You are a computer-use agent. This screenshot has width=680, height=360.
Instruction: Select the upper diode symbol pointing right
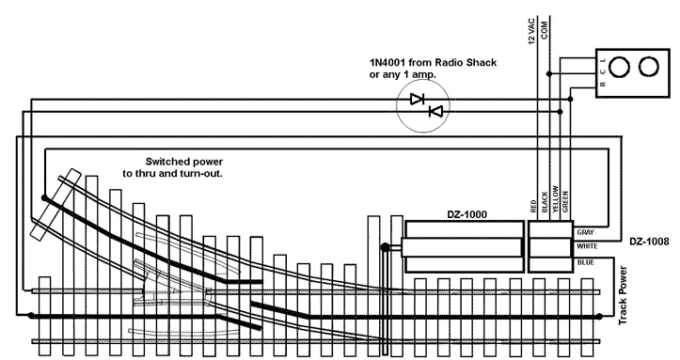pyautogui.click(x=418, y=98)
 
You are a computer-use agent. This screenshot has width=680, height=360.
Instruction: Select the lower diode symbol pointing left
pyautogui.click(x=435, y=112)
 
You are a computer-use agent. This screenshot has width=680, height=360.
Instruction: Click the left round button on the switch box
pyautogui.click(x=622, y=69)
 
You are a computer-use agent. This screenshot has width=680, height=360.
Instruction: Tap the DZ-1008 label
pyautogui.click(x=649, y=242)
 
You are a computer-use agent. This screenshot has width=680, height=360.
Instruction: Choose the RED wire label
pyautogui.click(x=533, y=206)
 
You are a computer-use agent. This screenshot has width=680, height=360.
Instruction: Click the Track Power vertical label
pyautogui.click(x=622, y=294)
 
